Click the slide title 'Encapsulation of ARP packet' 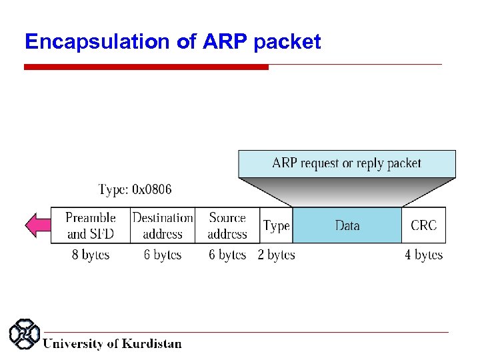(173, 42)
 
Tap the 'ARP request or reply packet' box (347, 163)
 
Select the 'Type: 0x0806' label (135, 189)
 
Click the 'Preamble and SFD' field (91, 225)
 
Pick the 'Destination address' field (163, 225)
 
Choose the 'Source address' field (227, 225)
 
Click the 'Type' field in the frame (276, 225)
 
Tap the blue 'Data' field (347, 225)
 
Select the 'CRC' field (423, 225)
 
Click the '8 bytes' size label (91, 255)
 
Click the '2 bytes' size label (276, 255)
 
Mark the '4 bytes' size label (423, 255)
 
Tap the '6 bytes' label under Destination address (163, 255)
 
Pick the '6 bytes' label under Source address (227, 255)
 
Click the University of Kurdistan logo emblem (25, 335)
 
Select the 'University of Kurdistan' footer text (112, 344)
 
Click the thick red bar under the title (146, 67)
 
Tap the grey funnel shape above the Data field (347, 192)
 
